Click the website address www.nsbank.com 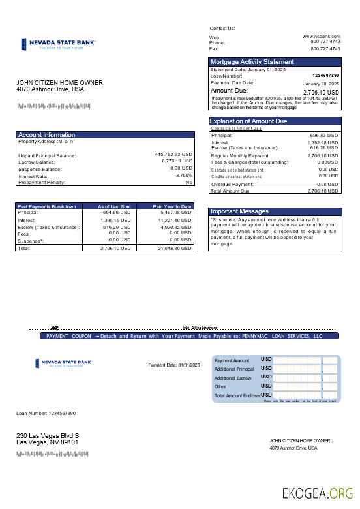(x=322, y=36)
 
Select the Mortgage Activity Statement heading (x=252, y=62)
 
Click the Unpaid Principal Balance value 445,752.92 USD (x=173, y=155)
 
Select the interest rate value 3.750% (x=184, y=176)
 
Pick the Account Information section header (x=46, y=135)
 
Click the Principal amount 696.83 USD (x=323, y=135)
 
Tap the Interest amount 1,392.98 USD (x=322, y=142)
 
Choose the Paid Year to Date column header (x=172, y=206)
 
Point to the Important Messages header (x=239, y=211)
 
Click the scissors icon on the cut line (x=55, y=328)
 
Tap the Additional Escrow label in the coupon (x=233, y=378)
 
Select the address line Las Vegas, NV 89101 (x=47, y=442)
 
